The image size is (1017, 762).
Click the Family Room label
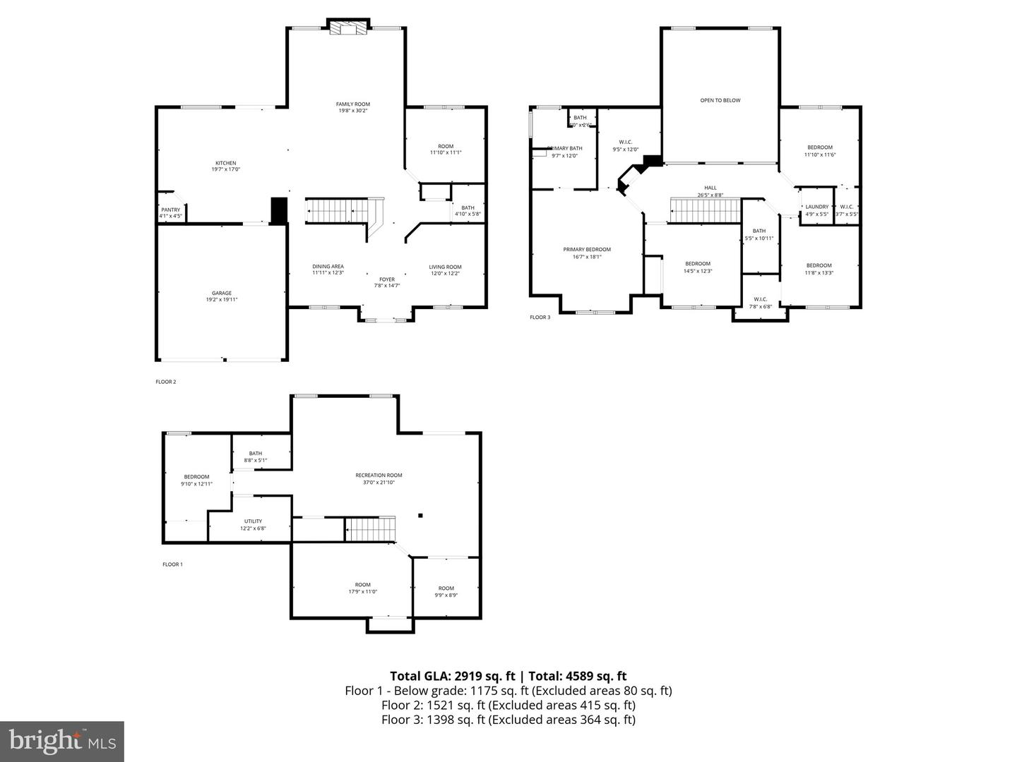pos(352,104)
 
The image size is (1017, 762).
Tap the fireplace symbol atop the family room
pos(349,27)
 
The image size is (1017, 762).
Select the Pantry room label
pos(170,210)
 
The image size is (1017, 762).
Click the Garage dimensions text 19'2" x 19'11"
pos(222,300)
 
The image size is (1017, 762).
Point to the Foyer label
pos(387,279)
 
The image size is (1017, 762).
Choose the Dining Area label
pos(328,266)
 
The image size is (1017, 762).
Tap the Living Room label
pos(445,267)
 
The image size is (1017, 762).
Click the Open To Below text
pos(720,100)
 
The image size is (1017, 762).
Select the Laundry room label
pos(816,207)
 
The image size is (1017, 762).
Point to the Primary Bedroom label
pos(587,249)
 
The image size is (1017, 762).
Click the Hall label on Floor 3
pos(710,188)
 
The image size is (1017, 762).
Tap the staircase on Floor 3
pos(705,210)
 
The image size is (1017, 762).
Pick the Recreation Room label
pos(379,475)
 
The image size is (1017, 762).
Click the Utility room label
pos(253,521)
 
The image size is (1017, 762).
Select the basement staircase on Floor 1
pos(370,528)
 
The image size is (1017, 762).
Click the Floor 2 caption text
pos(166,382)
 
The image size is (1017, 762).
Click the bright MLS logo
pos(62,741)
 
